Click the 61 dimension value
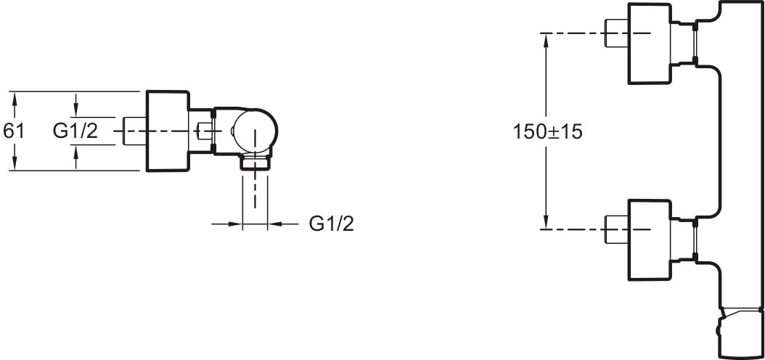pyautogui.click(x=13, y=131)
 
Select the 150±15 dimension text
pyautogui.click(x=547, y=131)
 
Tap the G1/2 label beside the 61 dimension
pyautogui.click(x=75, y=131)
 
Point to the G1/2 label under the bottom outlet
pyautogui.click(x=331, y=224)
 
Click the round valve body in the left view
pyautogui.click(x=255, y=131)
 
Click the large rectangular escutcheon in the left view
pyautogui.click(x=168, y=131)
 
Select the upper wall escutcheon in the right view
pyautogui.click(x=650, y=44)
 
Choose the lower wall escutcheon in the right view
pyautogui.click(x=650, y=240)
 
